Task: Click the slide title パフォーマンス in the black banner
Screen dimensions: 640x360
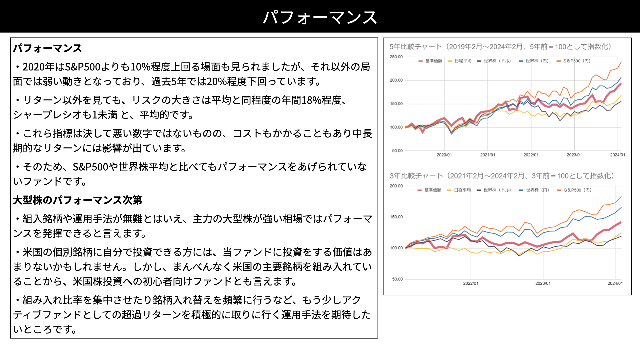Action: [320, 17]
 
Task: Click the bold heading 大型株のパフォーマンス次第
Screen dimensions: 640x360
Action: [77, 200]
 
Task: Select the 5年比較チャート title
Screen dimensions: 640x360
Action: [500, 47]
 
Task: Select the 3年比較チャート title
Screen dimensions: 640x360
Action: [502, 176]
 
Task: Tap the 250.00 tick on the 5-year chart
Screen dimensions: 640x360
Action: [396, 57]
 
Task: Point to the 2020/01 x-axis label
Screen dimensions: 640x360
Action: [444, 155]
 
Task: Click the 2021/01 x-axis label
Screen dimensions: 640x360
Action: [487, 155]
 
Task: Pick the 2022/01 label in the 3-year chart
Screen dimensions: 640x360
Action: [471, 283]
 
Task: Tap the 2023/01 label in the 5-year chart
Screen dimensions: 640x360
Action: [574, 155]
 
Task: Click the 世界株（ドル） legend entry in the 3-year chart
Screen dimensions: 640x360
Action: [494, 190]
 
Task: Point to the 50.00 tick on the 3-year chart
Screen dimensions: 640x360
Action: [397, 279]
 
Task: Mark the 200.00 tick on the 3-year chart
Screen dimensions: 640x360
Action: [396, 186]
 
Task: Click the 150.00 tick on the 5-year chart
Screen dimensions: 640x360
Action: [396, 104]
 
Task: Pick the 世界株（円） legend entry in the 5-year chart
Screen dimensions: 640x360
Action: [534, 61]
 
